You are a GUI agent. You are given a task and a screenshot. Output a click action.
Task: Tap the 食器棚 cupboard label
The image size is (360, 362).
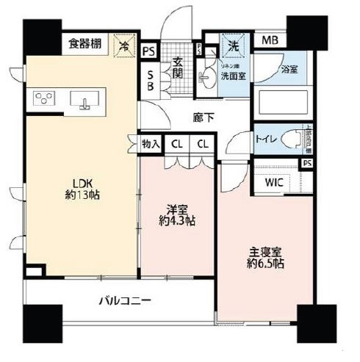click(x=85, y=43)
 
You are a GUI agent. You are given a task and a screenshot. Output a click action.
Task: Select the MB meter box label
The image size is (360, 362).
click(x=271, y=40)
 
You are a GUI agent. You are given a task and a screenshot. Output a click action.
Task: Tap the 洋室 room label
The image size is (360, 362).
click(x=177, y=213)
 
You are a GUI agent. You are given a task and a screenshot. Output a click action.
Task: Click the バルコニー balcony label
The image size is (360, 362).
click(x=126, y=301)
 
